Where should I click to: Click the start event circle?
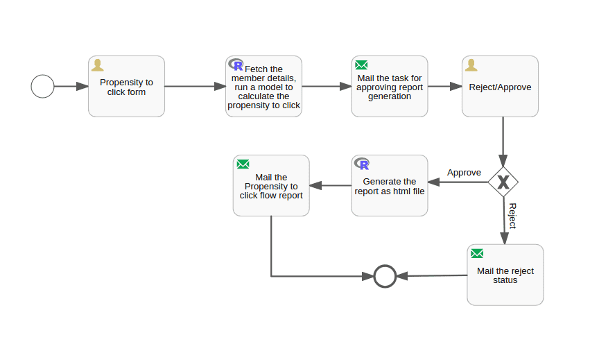[42, 87]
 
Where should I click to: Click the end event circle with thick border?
[385, 276]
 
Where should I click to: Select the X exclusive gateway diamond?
[503, 182]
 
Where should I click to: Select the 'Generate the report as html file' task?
[390, 186]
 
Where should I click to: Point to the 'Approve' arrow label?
[464, 172]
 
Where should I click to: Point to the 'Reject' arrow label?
[512, 216]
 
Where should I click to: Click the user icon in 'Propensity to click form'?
[98, 65]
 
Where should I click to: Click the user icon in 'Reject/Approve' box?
[471, 65]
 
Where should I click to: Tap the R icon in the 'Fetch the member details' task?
[236, 65]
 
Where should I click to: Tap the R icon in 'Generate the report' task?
[362, 164]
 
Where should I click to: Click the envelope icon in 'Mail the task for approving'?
[361, 65]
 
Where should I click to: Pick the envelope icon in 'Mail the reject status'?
[477, 253]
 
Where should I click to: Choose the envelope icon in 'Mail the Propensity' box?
[243, 164]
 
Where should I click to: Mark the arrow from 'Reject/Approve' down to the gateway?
[503, 142]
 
